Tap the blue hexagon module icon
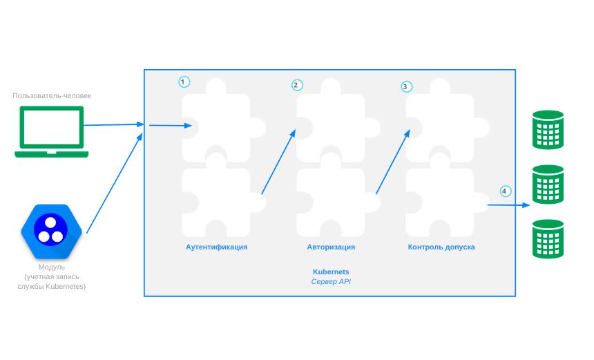tap(52, 231)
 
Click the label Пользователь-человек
tap(52, 95)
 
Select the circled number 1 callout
tap(183, 82)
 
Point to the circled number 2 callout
tap(296, 85)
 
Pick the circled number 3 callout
tap(406, 87)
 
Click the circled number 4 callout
tap(505, 191)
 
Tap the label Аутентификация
tap(216, 247)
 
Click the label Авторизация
tap(331, 247)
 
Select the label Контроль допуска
tap(441, 247)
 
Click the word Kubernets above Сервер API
tap(331, 272)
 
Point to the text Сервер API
tap(331, 282)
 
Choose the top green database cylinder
tap(548, 129)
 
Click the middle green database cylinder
tap(548, 184)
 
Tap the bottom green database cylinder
tap(548, 238)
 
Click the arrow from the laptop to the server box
tap(114, 125)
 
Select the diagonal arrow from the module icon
tap(114, 184)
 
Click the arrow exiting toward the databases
tap(508, 205)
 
